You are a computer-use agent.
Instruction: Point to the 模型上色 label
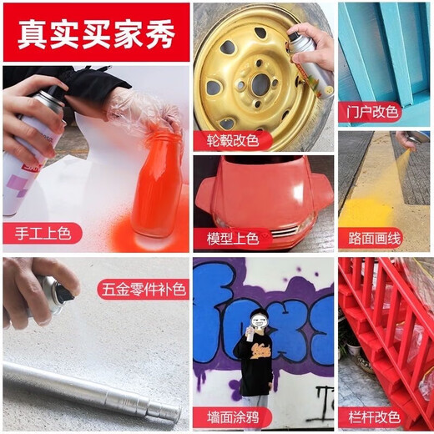pyautogui.click(x=238, y=238)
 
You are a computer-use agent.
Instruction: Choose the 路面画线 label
pyautogui.click(x=372, y=238)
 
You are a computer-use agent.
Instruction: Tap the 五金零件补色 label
pyautogui.click(x=142, y=290)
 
